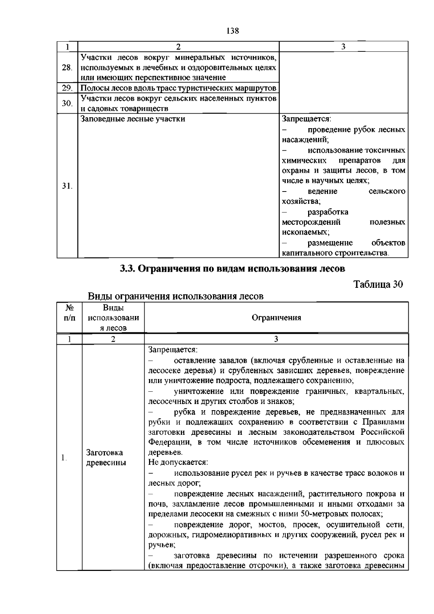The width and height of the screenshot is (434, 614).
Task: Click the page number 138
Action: (x=233, y=31)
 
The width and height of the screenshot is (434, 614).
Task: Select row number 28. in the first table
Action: (x=67, y=68)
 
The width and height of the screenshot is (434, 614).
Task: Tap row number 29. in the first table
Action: (x=67, y=88)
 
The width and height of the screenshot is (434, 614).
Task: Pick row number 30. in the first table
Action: (x=67, y=104)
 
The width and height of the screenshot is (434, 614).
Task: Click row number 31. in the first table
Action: (x=67, y=186)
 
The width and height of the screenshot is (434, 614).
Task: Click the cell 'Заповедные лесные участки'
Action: (x=133, y=119)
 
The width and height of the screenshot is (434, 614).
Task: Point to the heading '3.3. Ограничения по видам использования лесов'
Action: (x=232, y=269)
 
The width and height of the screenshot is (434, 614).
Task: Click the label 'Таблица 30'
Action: (x=378, y=284)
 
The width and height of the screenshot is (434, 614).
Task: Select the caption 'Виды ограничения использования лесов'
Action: (x=176, y=296)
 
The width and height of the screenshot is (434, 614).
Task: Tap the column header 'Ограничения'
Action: (x=276, y=318)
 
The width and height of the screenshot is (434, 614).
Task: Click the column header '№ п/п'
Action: (x=69, y=313)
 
